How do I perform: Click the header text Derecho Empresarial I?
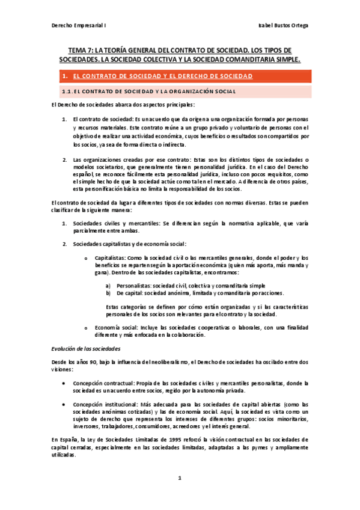pyautogui.click(x=74, y=23)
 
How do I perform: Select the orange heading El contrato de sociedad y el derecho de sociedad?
pyautogui.click(x=162, y=76)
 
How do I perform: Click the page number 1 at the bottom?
pyautogui.click(x=179, y=479)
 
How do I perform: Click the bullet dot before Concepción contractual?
pyautogui.click(x=63, y=383)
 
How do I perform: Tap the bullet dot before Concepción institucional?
pyautogui.click(x=63, y=404)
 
